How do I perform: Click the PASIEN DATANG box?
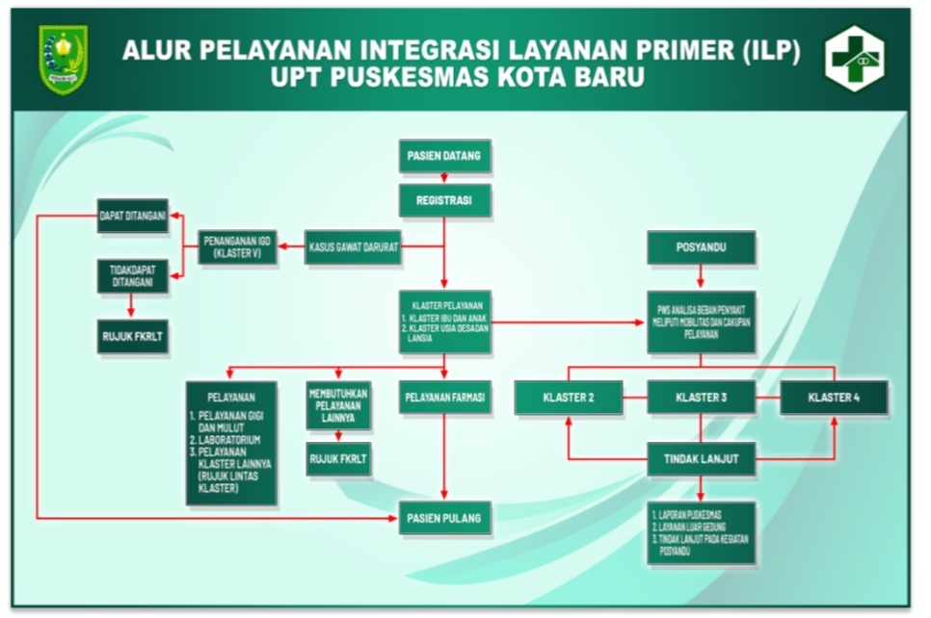pos(444,156)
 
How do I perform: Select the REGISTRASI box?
pos(444,201)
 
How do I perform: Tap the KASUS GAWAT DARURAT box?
pos(353,247)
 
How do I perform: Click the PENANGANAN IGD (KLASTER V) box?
pos(237,247)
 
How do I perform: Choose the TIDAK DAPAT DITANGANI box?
pos(133,276)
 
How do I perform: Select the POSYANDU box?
pos(701,247)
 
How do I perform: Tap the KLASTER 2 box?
pos(568,398)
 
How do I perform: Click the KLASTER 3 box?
pos(701,398)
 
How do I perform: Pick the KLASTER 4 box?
pos(834,398)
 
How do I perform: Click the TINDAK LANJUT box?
pos(701,458)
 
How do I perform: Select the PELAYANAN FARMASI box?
pos(444,397)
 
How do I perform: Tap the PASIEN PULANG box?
pos(444,518)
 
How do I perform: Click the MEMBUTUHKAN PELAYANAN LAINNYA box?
pos(337,405)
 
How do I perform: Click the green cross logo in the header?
pos(854,59)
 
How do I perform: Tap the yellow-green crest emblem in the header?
pos(64,59)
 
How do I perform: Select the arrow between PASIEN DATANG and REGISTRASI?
pos(444,178)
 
